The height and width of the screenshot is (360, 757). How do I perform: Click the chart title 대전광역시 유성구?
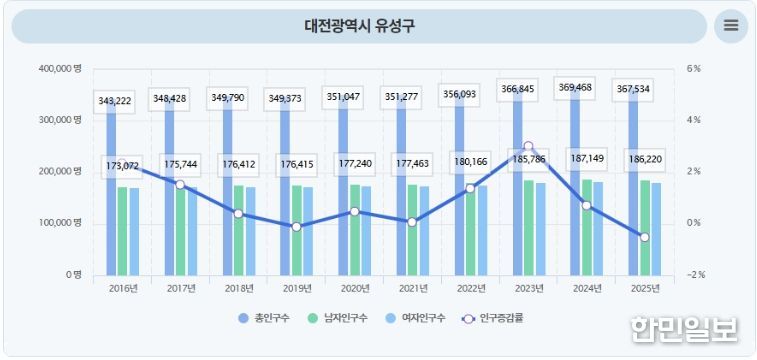point(359,26)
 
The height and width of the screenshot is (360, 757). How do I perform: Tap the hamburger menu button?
point(731,26)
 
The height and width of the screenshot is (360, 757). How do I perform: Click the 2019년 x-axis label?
point(297,288)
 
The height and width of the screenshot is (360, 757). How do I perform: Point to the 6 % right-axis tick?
point(694,69)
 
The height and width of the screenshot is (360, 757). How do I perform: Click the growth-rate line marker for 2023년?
point(528,146)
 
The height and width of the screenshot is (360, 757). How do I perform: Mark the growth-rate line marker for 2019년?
point(297,227)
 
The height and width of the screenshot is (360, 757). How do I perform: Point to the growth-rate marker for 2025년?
point(644,237)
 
